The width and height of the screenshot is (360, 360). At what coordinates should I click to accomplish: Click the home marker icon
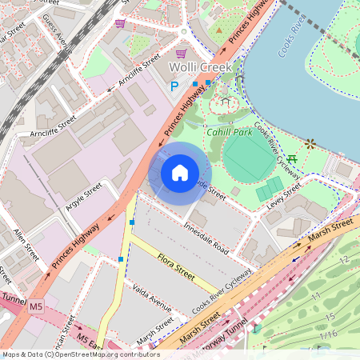[x=180, y=172]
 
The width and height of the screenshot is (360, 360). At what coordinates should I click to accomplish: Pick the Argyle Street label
[x=84, y=197]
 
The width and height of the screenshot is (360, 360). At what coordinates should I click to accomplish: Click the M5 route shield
[x=35, y=306]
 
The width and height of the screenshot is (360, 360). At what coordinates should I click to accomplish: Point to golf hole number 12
[x=344, y=261]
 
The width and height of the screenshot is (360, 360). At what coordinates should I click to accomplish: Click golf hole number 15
[x=330, y=318]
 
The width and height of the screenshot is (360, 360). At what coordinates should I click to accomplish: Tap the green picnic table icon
[x=293, y=158]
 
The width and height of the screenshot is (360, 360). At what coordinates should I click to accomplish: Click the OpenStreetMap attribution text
[x=80, y=354]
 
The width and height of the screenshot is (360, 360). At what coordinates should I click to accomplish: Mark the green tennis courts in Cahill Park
[x=270, y=190]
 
